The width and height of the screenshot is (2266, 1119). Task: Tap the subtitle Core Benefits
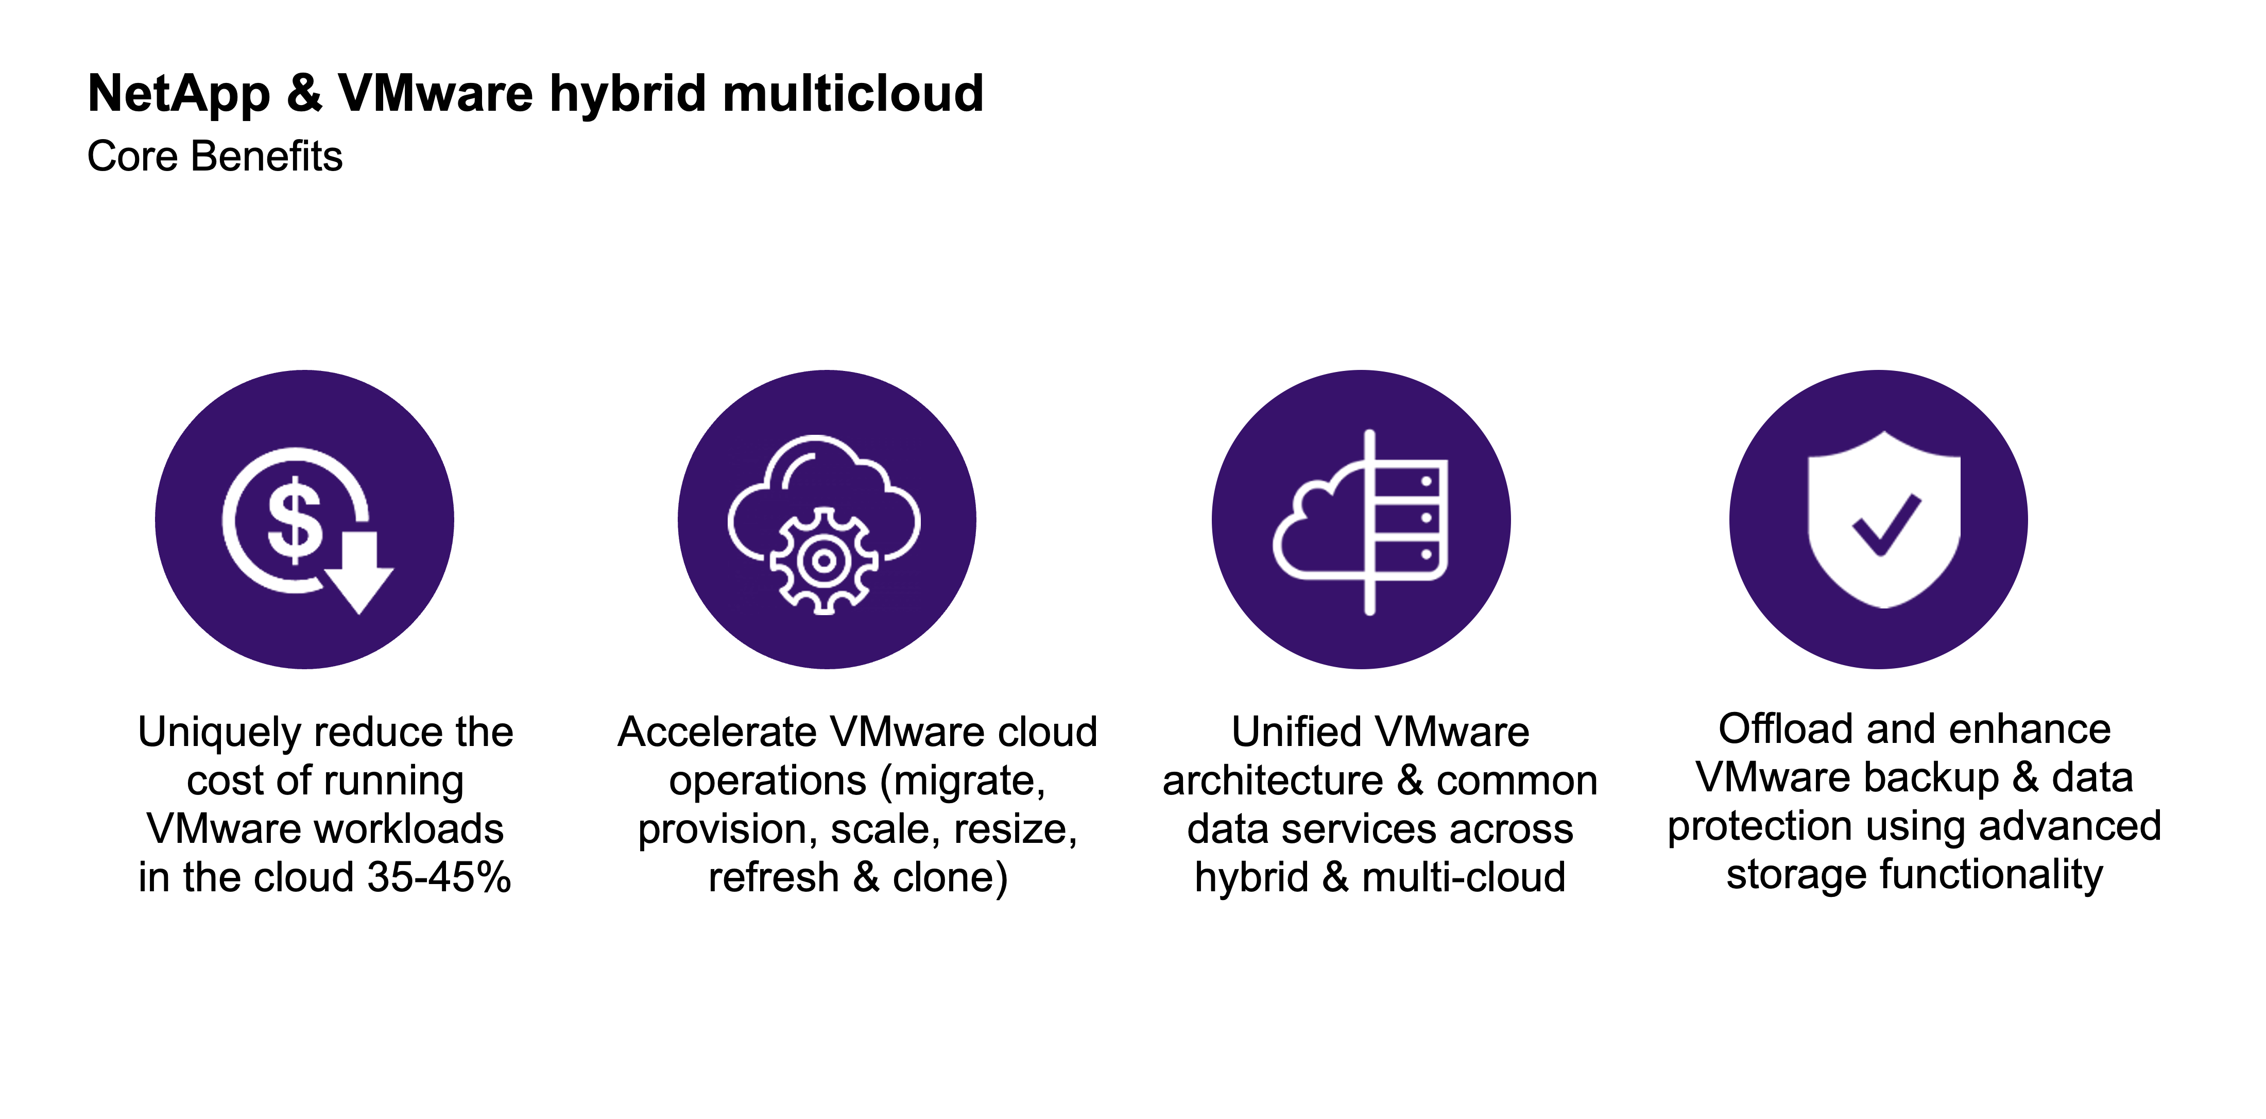215,157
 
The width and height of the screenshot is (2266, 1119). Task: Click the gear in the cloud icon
823,561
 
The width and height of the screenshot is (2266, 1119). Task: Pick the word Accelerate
718,732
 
